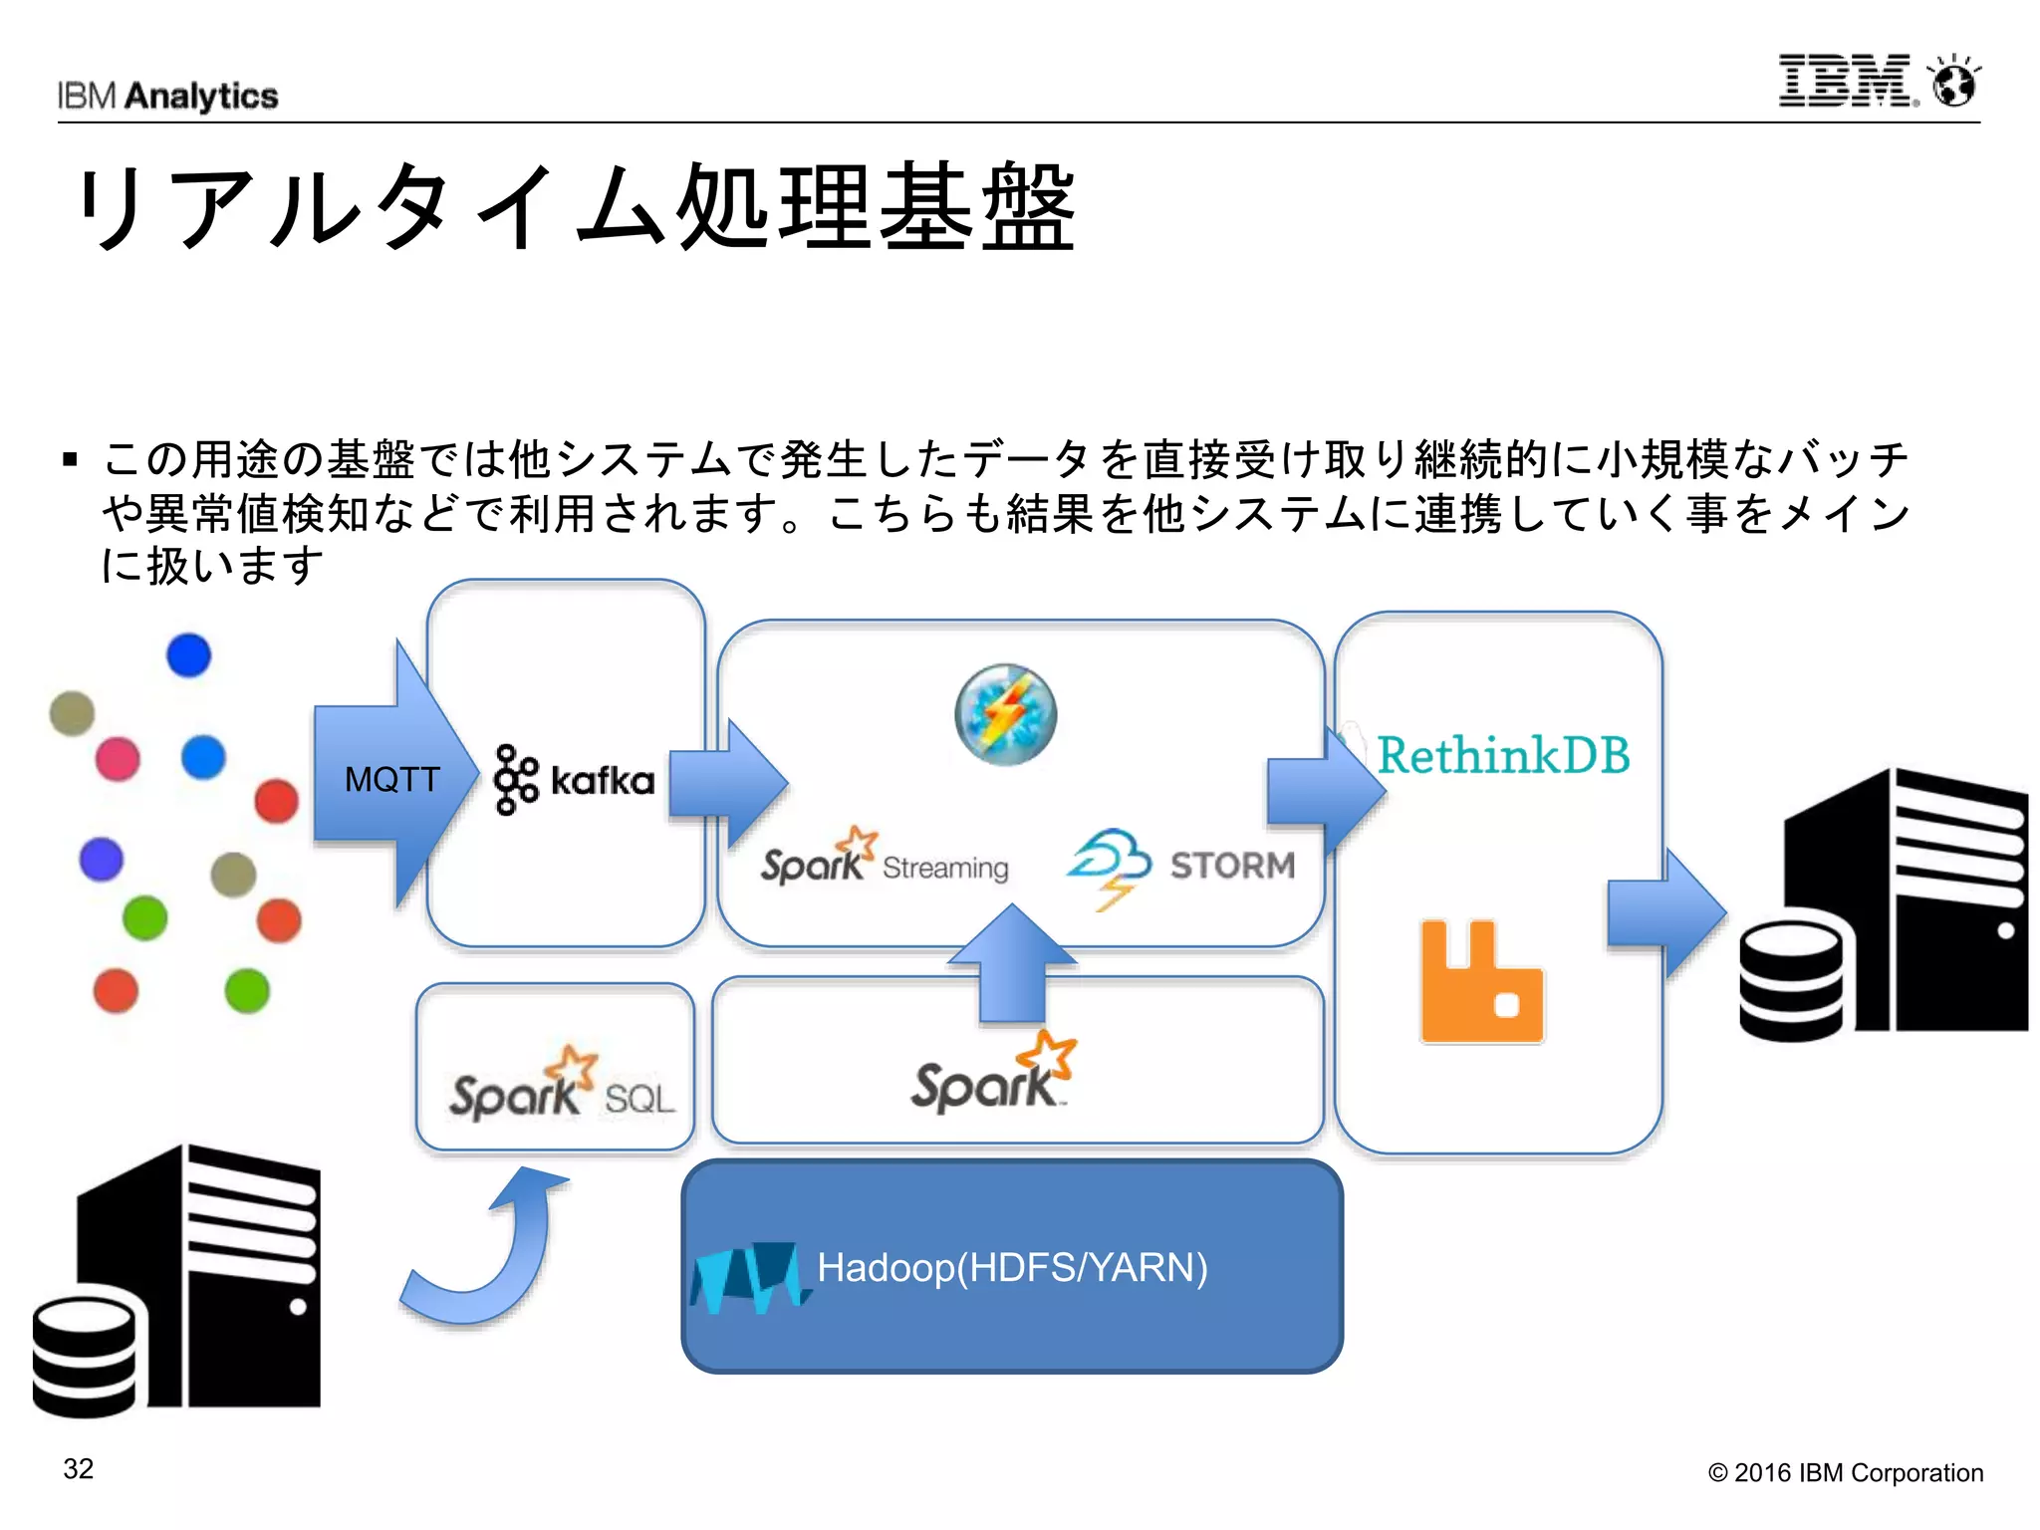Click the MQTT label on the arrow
[x=391, y=779]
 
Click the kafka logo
[x=574, y=780]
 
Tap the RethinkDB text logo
[x=1502, y=755]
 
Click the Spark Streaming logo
[x=884, y=859]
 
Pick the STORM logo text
[x=1232, y=866]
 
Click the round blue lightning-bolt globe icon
[x=1005, y=714]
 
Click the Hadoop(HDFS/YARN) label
[x=1012, y=1267]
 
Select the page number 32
[x=79, y=1469]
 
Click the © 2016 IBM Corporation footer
[x=1845, y=1472]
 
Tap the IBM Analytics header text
[x=167, y=96]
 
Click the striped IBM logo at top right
[x=1845, y=81]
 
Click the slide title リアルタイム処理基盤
[x=576, y=207]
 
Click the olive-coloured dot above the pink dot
[x=72, y=713]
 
